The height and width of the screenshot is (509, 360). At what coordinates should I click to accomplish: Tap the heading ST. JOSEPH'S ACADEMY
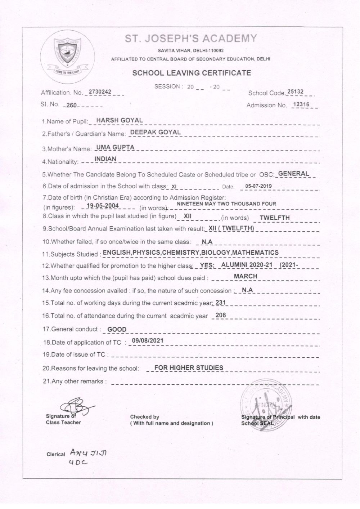(191, 39)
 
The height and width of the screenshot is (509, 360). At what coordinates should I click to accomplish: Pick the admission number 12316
(302, 104)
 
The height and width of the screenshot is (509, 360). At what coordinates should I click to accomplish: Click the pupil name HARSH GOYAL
(117, 120)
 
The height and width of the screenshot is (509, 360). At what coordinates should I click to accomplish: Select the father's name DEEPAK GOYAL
(155, 132)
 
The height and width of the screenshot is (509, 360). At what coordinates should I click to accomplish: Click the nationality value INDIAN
(105, 158)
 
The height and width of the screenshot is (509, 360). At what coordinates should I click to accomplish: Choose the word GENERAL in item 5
(294, 173)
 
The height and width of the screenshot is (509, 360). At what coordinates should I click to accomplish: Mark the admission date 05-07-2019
(258, 186)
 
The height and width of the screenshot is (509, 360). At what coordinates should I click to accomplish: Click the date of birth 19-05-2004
(103, 206)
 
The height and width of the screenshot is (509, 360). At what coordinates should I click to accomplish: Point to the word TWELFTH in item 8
(275, 218)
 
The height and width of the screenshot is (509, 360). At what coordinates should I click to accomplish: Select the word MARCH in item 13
(246, 276)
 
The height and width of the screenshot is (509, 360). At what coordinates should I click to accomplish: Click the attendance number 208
(220, 315)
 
